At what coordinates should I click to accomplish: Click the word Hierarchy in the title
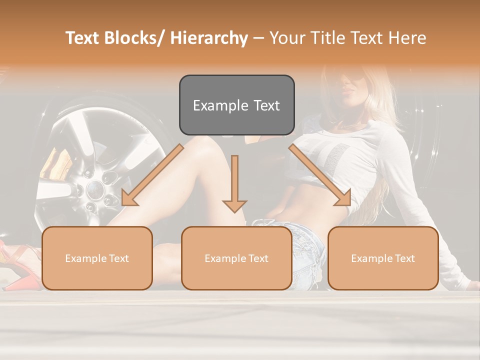pyautogui.click(x=209, y=38)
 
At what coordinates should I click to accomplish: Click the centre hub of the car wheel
pyautogui.click(x=94, y=189)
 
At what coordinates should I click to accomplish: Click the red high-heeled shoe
pyautogui.click(x=15, y=260)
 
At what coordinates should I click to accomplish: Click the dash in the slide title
pyautogui.click(x=258, y=38)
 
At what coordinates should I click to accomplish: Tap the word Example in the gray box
pyautogui.click(x=220, y=105)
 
